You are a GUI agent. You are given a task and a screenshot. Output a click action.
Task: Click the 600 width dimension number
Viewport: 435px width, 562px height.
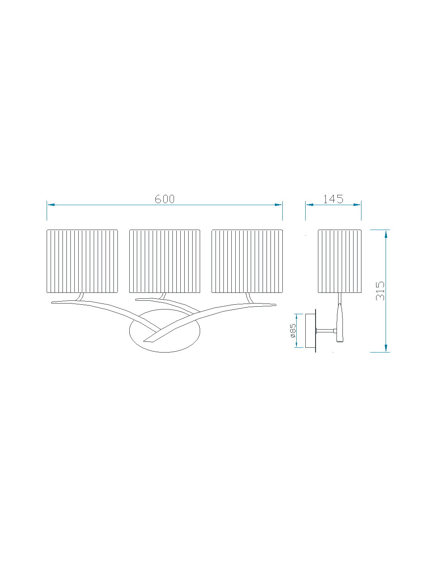[x=165, y=199]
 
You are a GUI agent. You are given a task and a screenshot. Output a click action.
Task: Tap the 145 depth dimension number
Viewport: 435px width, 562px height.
[x=333, y=199]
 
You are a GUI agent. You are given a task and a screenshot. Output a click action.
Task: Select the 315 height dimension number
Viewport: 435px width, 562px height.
[x=380, y=291]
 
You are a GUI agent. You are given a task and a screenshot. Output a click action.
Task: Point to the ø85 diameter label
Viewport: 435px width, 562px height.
[x=293, y=330]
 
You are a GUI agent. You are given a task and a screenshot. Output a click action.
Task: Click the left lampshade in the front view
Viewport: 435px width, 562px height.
[x=82, y=261]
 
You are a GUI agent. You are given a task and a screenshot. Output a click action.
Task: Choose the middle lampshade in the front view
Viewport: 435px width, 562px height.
[x=165, y=261]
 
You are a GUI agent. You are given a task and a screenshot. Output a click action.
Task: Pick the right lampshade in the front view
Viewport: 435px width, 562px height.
[x=247, y=261]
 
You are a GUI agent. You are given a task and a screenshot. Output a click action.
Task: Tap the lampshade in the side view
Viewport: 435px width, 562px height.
[x=340, y=261]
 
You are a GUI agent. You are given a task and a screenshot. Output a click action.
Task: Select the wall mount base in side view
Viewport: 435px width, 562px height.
[x=310, y=331]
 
